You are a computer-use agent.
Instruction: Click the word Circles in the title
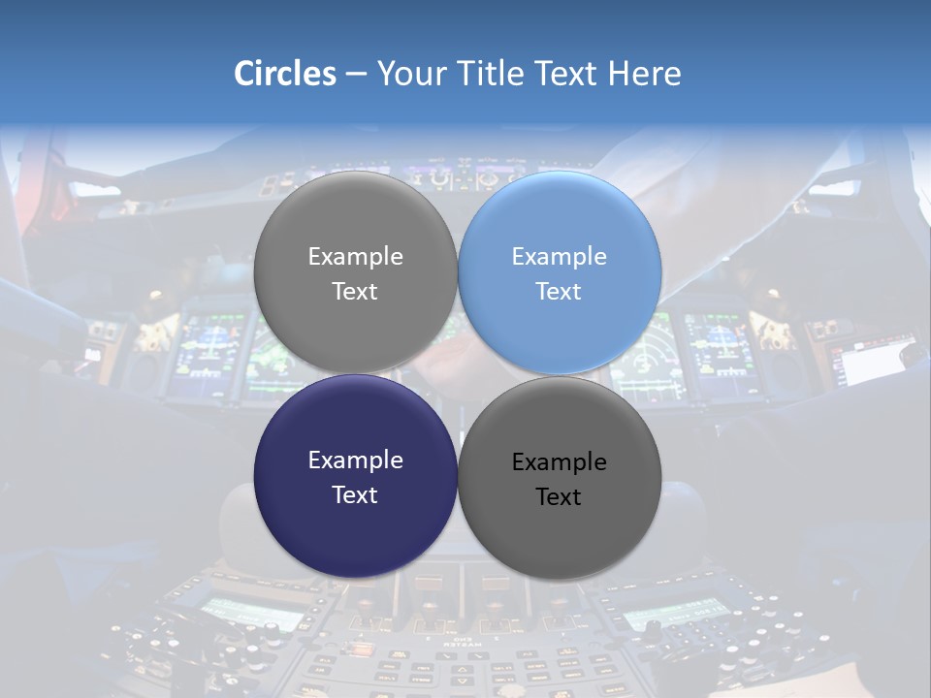[284, 74]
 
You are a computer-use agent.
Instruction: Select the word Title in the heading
[494, 74]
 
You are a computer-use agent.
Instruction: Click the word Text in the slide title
[567, 74]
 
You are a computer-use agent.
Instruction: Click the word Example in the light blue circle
[560, 257]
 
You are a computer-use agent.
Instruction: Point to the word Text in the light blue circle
[559, 292]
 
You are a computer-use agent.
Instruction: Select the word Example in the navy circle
[355, 460]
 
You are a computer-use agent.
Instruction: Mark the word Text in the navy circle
[355, 495]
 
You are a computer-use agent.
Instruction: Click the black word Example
[560, 462]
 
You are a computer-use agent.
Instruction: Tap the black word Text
[559, 497]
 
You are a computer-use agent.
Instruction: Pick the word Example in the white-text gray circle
[355, 257]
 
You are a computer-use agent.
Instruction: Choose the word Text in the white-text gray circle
[355, 292]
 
